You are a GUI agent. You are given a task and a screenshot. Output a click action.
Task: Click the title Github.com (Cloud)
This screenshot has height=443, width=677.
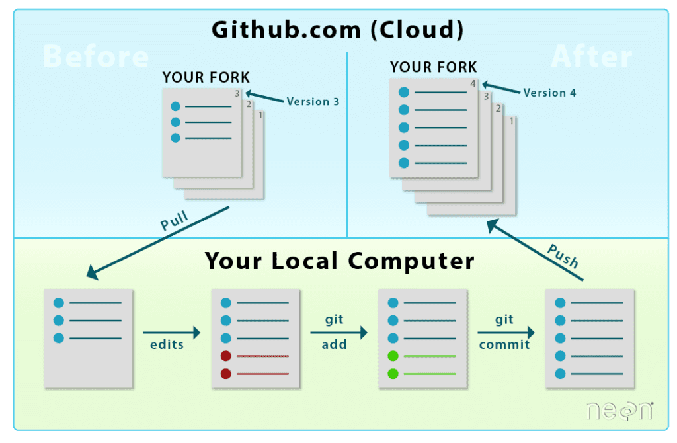tap(338, 30)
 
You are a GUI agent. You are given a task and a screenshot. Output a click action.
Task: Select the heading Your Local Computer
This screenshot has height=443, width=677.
tap(339, 261)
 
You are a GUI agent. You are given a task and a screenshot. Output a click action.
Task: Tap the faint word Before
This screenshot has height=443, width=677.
tap(96, 58)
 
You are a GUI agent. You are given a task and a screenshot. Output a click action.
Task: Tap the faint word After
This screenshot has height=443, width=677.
tap(591, 58)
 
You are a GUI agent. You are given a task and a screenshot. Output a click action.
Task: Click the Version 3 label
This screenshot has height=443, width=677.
tap(313, 102)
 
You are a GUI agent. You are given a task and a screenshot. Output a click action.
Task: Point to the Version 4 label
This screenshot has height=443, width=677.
tap(549, 93)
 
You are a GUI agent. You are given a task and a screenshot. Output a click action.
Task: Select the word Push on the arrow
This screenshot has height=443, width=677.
tap(563, 256)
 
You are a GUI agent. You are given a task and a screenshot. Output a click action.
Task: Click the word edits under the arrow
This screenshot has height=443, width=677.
tap(167, 344)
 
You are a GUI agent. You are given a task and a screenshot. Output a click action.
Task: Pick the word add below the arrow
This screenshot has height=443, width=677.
tap(335, 344)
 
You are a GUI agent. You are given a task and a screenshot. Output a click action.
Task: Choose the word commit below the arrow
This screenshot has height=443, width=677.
tap(504, 344)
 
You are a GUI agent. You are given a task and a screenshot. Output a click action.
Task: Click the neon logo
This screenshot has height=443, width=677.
tap(619, 410)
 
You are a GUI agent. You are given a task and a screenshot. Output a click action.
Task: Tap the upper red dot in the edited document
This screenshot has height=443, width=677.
tap(226, 356)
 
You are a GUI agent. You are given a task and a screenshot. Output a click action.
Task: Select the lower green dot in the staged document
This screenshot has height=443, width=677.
tap(393, 374)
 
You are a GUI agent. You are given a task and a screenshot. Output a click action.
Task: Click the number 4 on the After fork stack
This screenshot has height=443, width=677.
tap(473, 84)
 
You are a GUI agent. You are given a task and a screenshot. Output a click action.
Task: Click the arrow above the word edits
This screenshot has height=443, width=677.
tap(171, 332)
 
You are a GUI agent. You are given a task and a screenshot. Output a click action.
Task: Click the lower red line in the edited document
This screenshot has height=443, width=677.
tap(262, 374)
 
